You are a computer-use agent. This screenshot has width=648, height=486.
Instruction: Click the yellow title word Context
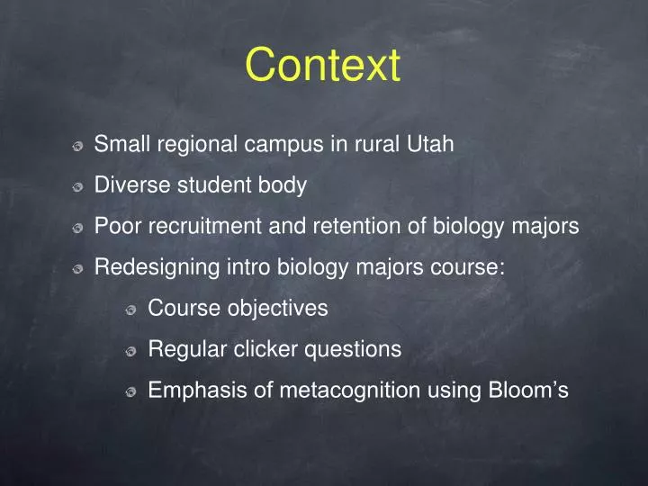click(x=323, y=67)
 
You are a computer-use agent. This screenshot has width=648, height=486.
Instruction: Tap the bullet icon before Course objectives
click(x=131, y=310)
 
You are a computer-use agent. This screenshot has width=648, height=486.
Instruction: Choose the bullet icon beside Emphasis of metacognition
click(x=131, y=393)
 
